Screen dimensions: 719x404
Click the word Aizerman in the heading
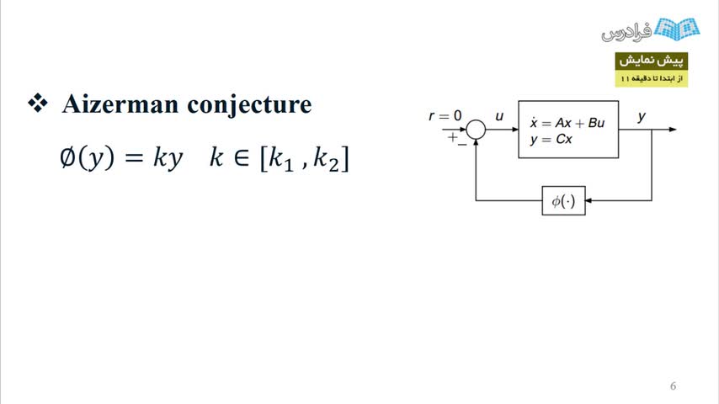tap(120, 104)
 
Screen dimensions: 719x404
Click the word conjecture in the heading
tap(249, 105)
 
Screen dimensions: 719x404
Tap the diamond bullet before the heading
tap(38, 103)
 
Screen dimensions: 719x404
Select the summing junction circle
tap(476, 130)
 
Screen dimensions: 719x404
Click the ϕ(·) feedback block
tap(563, 200)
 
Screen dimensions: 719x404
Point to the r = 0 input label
tap(445, 116)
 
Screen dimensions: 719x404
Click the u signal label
tap(499, 116)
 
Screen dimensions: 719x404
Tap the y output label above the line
tap(642, 117)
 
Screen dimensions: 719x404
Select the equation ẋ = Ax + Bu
tap(567, 123)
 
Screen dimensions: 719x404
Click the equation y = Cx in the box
tap(551, 140)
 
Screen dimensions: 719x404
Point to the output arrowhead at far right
tap(673, 130)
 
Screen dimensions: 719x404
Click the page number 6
tap(674, 386)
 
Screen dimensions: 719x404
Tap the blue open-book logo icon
tap(677, 29)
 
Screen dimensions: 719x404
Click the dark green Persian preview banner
tap(651, 61)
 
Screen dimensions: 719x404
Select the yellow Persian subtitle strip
tap(651, 78)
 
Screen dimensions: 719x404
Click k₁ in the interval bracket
tap(280, 160)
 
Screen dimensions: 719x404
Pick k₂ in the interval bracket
tap(326, 160)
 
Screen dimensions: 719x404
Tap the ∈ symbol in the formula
tap(242, 157)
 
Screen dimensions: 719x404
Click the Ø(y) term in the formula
tap(87, 157)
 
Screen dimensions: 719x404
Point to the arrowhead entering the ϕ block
tap(589, 200)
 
